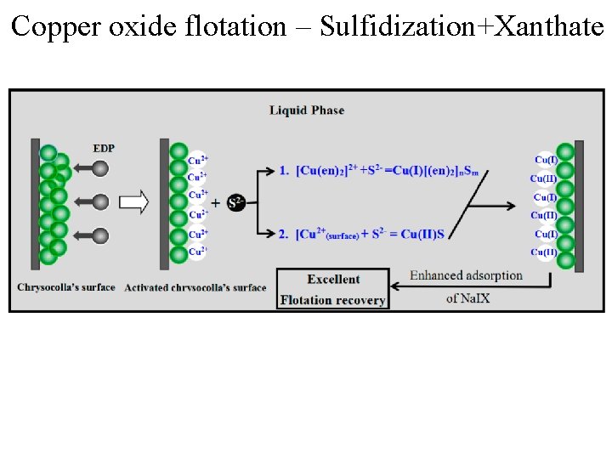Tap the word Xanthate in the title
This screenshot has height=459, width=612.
[549, 26]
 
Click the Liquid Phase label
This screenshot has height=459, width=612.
[307, 110]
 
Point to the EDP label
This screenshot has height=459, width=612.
[104, 148]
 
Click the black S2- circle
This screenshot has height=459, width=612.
[236, 202]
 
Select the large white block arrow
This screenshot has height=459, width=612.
[134, 202]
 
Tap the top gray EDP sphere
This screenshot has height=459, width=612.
[100, 168]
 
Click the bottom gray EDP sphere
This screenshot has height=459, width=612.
[100, 235]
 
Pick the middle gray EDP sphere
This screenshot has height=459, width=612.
[100, 201]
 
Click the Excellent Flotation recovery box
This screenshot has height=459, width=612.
[332, 289]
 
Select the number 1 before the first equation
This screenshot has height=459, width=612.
[284, 171]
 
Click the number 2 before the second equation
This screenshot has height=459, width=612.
[284, 234]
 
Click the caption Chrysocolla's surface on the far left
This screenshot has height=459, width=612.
[65, 287]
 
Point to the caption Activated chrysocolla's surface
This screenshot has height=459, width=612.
[195, 287]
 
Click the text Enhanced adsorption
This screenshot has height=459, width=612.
[466, 275]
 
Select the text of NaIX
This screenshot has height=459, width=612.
[467, 298]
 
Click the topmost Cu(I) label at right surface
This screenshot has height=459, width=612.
[546, 160]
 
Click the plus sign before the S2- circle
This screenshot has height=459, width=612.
[216, 202]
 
